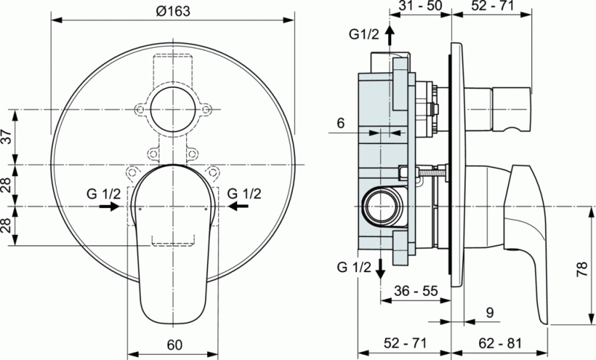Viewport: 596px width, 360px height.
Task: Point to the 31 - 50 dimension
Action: point(420,7)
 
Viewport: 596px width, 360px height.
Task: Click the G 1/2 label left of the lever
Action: point(103,193)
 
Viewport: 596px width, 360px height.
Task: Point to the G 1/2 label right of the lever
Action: point(244,193)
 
